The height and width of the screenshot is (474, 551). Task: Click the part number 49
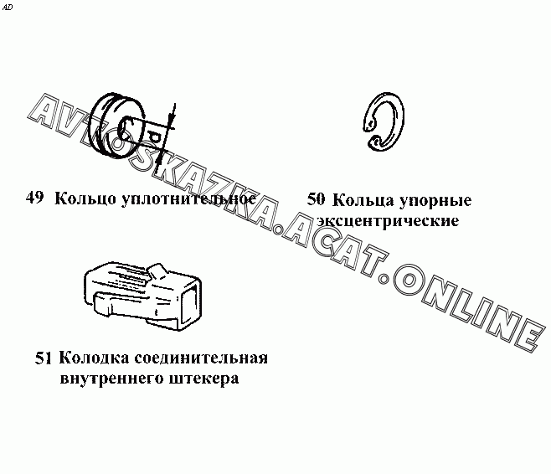click(34, 197)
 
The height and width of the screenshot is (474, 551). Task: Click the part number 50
click(316, 199)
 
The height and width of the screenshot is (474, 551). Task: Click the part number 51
click(44, 358)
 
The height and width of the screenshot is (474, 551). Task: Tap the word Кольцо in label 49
click(85, 198)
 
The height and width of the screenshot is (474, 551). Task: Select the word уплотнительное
click(189, 199)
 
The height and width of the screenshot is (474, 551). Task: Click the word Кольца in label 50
click(363, 200)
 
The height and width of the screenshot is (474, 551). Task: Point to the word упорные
click(435, 201)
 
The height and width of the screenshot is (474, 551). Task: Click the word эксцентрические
click(388, 221)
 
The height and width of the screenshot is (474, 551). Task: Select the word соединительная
click(201, 358)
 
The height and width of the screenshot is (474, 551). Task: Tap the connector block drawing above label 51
click(142, 296)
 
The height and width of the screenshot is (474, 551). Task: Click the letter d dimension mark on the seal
click(153, 137)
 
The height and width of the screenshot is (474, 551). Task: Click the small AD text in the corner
click(8, 7)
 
